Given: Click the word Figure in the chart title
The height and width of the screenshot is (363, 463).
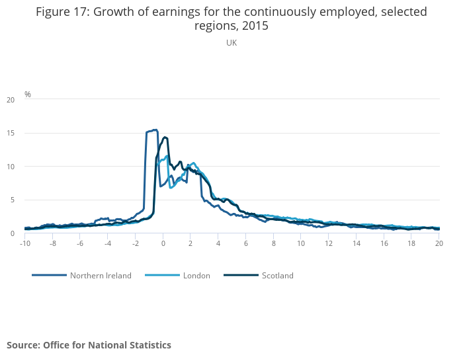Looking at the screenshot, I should tap(56, 12).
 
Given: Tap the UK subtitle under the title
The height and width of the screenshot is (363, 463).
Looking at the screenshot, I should tap(232, 43).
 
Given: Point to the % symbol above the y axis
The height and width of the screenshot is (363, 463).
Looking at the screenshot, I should tap(28, 94).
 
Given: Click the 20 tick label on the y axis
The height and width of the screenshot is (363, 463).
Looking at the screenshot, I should tap(10, 100).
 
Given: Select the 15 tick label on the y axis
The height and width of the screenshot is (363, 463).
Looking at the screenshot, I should tap(10, 133).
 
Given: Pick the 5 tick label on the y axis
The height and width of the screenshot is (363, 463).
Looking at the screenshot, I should tap(12, 200).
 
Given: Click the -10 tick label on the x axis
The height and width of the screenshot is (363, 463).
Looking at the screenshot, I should tap(25, 243).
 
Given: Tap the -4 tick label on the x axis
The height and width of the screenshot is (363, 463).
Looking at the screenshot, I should tap(107, 243).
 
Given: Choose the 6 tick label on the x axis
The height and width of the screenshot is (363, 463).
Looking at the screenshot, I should tap(245, 243).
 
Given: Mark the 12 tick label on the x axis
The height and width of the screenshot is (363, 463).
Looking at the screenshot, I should tap(328, 243).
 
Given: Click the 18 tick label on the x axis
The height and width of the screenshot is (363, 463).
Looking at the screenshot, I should tap(411, 243).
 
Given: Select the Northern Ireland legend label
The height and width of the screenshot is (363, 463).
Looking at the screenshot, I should tap(101, 276).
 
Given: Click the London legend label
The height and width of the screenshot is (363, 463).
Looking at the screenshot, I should tap(196, 276).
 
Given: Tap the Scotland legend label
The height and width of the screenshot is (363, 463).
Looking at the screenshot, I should tap(278, 276).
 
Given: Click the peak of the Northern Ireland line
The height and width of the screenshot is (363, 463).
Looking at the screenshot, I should tap(155, 130).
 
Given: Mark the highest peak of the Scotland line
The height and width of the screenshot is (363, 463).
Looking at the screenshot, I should tap(165, 137).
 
